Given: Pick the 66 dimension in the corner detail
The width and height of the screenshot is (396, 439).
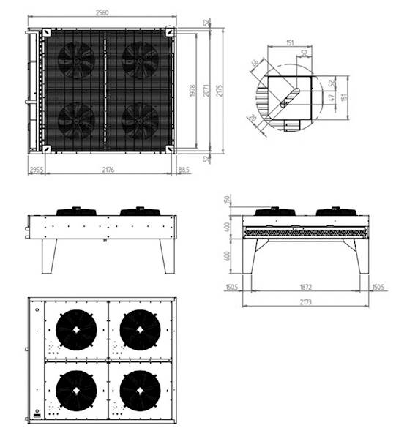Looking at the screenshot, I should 255,64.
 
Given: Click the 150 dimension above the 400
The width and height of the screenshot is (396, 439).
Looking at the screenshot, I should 228,200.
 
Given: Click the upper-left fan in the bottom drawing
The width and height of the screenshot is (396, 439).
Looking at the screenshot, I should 75,329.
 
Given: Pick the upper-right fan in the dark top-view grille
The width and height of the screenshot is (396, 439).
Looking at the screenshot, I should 140,59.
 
